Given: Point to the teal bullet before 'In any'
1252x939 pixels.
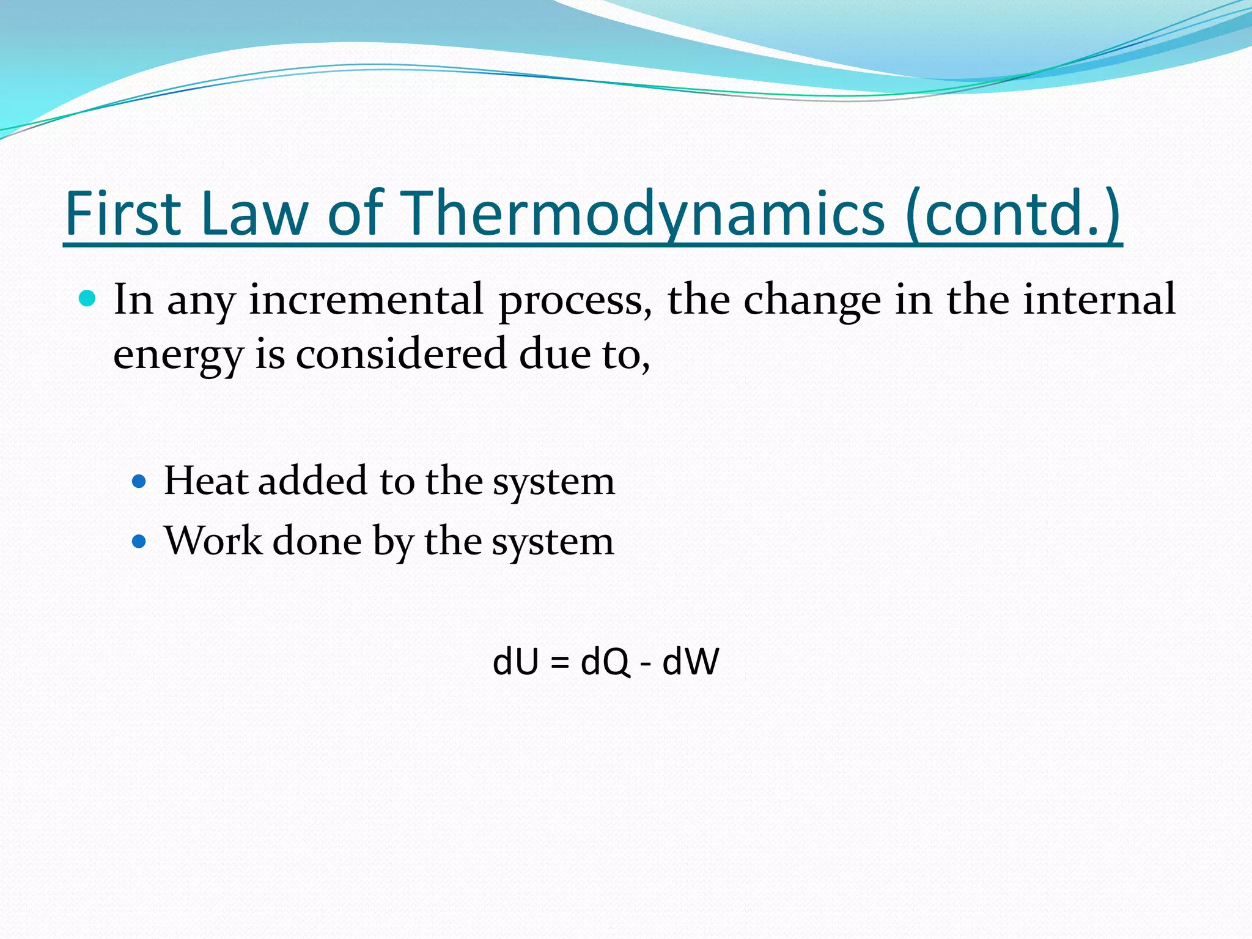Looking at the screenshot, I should coord(88,299).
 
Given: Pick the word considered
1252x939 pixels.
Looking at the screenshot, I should coord(401,354).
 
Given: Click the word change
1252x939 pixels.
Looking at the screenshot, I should coord(812,301).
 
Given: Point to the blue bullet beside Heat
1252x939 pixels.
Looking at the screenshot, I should coord(140,482).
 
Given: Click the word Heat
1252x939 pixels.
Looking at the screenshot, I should coord(206,481).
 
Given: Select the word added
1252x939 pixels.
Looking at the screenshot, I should coord(312,481).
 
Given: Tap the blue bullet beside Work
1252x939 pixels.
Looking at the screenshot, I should coord(140,541).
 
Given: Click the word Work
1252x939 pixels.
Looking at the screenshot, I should coord(213,541).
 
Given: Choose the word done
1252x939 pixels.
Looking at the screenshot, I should coord(317,541).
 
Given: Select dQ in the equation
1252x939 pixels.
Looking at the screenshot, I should coord(605,661).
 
